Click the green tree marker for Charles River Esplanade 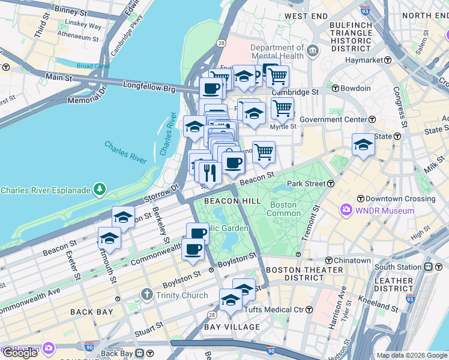pos(100,190)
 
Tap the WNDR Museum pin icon pos(346,211)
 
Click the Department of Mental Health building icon pos(312,52)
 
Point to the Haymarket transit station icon pos(388,60)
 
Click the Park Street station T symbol pos(330,183)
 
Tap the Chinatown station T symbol pos(330,260)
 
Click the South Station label pos(398,266)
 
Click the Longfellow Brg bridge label pos(149,88)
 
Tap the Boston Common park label pos(283,209)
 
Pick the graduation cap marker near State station pos(363,144)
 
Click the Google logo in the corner pos(20,353)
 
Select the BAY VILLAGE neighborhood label pos(232,327)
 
